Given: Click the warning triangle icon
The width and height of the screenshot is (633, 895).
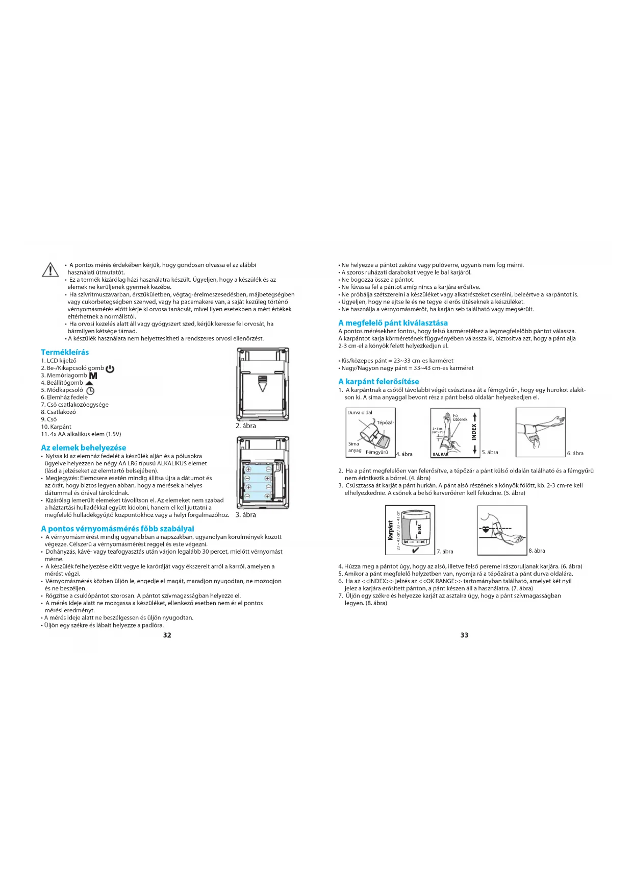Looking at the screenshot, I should (50, 269).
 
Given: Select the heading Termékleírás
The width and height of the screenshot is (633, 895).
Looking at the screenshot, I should (65, 352).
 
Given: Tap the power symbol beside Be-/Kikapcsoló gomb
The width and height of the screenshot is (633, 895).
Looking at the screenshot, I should (110, 368).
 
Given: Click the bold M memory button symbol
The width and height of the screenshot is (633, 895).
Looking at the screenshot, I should (93, 376).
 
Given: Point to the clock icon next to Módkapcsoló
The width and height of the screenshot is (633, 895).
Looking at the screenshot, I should (90, 390).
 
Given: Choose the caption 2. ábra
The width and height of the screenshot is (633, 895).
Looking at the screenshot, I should (246, 426).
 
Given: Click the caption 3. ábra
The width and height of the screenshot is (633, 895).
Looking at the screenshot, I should (246, 515).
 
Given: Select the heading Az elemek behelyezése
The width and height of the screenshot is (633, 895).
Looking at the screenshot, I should (83, 448).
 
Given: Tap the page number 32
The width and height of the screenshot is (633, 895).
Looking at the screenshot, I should (167, 635).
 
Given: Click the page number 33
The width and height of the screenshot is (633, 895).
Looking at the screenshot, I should (464, 635).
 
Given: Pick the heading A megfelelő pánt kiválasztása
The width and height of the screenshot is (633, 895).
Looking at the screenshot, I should (393, 322).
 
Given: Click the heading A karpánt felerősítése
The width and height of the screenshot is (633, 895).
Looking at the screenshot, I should (378, 381).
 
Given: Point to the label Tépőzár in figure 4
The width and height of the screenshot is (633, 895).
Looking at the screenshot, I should (385, 422).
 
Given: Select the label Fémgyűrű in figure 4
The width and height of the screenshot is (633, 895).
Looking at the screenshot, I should (376, 452).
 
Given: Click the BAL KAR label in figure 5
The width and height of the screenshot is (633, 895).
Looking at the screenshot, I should (440, 454).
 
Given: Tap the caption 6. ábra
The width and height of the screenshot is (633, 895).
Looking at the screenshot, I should (575, 453).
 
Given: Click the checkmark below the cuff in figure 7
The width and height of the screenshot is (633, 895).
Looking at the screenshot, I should (416, 550).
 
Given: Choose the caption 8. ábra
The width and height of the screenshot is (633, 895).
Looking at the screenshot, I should (537, 551).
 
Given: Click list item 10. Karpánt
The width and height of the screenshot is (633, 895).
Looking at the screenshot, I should (56, 427).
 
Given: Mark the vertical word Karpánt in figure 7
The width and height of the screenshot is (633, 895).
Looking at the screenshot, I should (391, 531).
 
